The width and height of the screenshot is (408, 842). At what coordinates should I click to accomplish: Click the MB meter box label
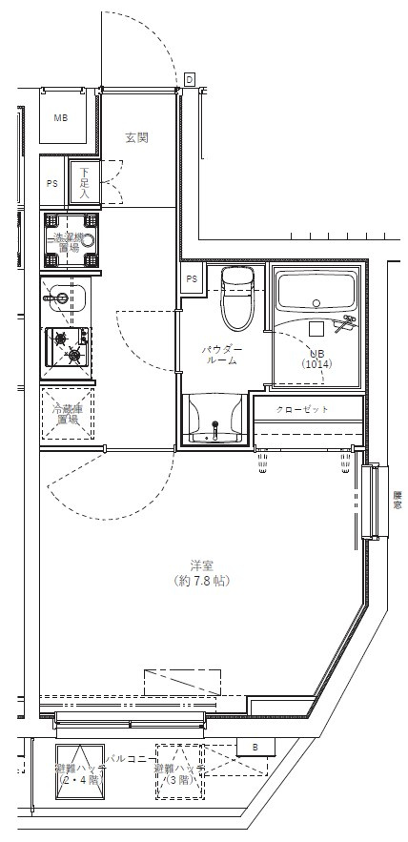pyautogui.click(x=61, y=119)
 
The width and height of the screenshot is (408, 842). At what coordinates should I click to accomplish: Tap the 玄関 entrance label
pyautogui.click(x=136, y=137)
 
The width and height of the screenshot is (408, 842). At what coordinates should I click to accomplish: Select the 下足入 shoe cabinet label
pyautogui.click(x=84, y=183)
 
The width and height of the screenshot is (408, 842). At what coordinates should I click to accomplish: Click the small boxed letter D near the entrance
pyautogui.click(x=190, y=79)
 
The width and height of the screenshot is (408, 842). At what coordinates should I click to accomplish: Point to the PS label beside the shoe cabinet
pyautogui.click(x=51, y=184)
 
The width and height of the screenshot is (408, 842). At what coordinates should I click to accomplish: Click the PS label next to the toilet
pyautogui.click(x=192, y=279)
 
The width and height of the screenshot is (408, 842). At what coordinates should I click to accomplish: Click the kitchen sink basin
pyautogui.click(x=63, y=298)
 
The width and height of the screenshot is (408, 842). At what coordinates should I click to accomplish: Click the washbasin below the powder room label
pyautogui.click(x=214, y=420)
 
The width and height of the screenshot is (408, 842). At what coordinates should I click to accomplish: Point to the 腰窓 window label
pyautogui.click(x=396, y=501)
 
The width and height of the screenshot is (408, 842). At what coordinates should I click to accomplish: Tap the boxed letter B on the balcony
pyautogui.click(x=255, y=747)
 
